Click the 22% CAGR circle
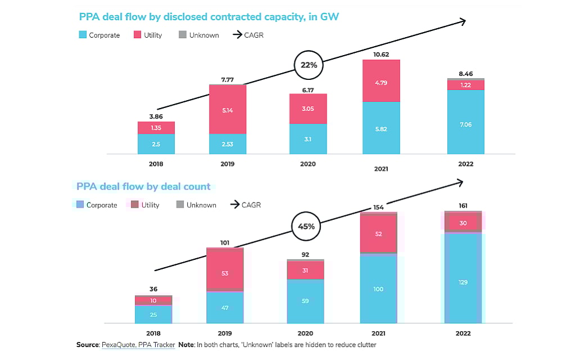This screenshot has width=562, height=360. click(309, 65)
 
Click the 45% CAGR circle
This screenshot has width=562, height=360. click(306, 227)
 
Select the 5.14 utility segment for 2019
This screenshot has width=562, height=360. click(228, 110)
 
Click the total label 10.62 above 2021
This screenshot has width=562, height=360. click(381, 55)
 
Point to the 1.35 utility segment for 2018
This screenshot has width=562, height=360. click(156, 128)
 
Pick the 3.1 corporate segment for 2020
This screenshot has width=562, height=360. click(308, 138)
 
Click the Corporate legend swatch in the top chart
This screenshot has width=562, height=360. click(83, 35)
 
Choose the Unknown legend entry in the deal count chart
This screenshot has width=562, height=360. click(196, 205)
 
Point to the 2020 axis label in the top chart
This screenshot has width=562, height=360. click(308, 164)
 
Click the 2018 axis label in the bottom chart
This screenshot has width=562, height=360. click(153, 333)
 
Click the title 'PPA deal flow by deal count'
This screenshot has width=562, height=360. click(143, 186)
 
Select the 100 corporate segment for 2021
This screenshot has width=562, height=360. click(378, 289)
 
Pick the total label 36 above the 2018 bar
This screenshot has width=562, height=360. click(153, 289)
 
